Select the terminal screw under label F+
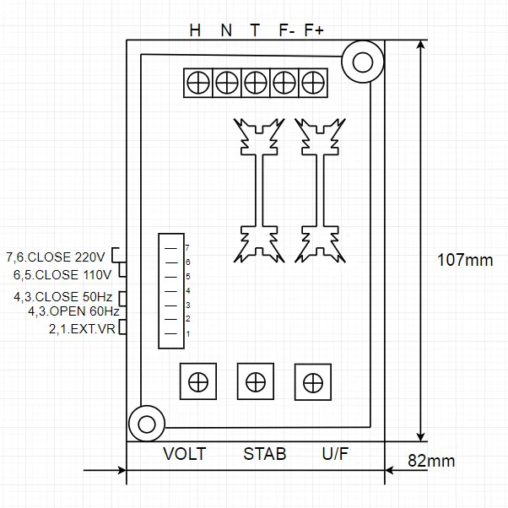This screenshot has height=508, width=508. pos(313,83)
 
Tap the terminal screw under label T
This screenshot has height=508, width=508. pos(256,83)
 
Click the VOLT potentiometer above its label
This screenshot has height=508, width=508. pos(198,381)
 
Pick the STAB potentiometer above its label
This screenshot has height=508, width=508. pos(255,381)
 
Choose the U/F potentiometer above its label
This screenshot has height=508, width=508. pos(312,381)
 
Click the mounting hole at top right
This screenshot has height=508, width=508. pos(363,62)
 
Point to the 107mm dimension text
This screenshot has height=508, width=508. pos(465,260)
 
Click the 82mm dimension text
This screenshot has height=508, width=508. pos(431,461)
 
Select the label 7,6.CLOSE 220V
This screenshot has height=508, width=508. pos(56,257)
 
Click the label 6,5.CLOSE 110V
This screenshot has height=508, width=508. pos(62,275)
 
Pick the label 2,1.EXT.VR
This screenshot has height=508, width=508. pos(83,328)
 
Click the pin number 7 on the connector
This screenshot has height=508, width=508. pos(186,248)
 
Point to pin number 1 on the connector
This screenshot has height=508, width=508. pos(186,334)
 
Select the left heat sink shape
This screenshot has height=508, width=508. pos(261,190)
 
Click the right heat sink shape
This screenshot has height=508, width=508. pos(320,190)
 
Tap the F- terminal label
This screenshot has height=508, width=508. pos(285,30)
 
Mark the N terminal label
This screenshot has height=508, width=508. pos(225,30)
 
